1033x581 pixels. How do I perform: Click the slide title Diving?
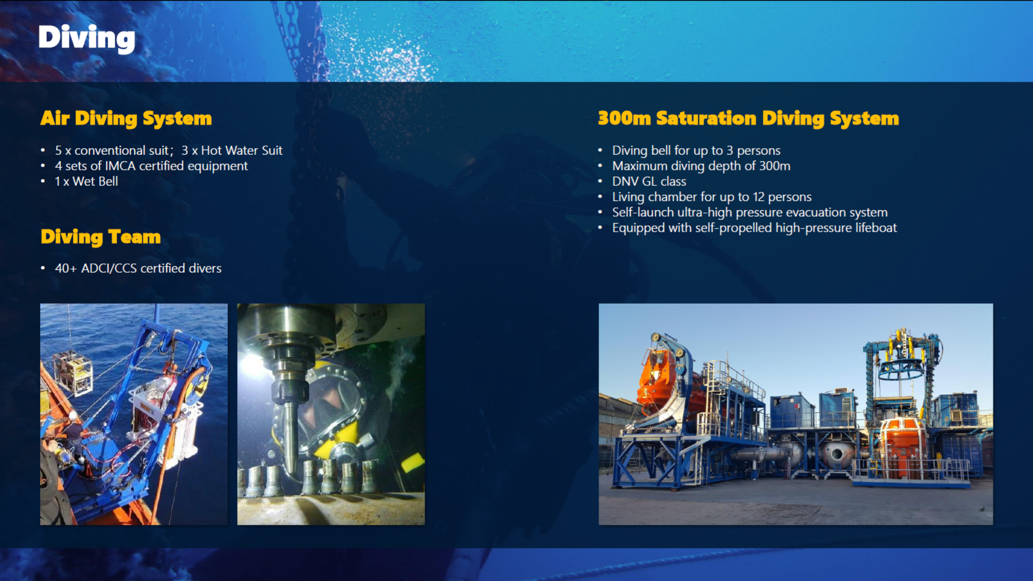tap(87, 38)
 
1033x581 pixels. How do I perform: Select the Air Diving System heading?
tap(126, 119)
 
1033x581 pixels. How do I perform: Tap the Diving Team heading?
tap(101, 237)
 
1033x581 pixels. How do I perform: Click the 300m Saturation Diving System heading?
tap(748, 119)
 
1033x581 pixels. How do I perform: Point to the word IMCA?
tap(120, 166)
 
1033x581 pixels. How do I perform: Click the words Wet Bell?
tap(95, 182)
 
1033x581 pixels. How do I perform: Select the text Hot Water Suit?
tap(242, 150)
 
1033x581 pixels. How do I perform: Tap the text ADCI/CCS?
tap(109, 268)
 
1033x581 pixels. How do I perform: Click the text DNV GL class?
tap(649, 182)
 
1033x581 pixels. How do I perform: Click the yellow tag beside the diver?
tap(412, 462)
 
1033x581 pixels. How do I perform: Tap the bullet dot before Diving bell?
tap(600, 151)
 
